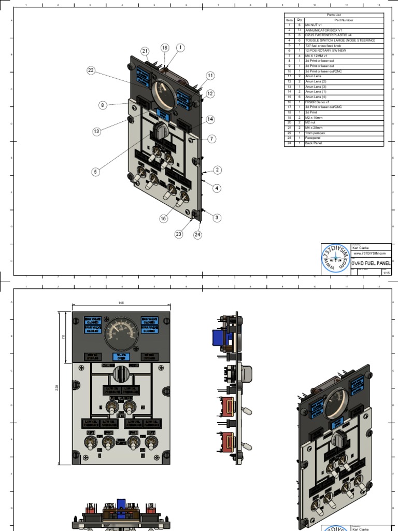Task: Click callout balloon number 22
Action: (91, 71)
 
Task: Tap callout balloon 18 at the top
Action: (165, 48)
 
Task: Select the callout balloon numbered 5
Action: (96, 171)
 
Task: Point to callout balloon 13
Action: (96, 132)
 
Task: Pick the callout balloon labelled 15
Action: (163, 219)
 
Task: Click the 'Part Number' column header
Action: (344, 20)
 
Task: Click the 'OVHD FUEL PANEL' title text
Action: (371, 263)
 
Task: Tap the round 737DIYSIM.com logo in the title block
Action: (335, 258)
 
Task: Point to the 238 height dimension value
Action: (58, 388)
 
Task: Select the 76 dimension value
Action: (64, 337)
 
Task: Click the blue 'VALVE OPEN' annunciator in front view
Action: (121, 356)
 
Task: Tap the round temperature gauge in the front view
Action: (121, 331)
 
